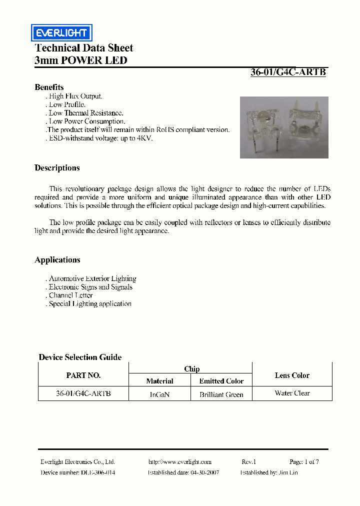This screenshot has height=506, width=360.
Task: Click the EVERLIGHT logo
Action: coord(61,33)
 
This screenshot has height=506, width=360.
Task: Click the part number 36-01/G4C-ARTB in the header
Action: coord(288,72)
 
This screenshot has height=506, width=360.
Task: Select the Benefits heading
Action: coord(49,87)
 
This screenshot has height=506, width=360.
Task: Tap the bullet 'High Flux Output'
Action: coord(75,96)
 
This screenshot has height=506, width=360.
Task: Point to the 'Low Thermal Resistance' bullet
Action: coord(85,113)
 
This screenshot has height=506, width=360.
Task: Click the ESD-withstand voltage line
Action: coord(99,138)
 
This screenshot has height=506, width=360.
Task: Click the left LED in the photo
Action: coord(262,127)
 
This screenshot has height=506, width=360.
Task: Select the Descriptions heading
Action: coord(57,168)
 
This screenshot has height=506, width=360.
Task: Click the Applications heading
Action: coord(57,260)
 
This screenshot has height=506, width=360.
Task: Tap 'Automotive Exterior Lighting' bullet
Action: coord(92,278)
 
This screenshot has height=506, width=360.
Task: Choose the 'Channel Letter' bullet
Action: coord(70,295)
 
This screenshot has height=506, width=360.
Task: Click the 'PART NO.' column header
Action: coord(83,375)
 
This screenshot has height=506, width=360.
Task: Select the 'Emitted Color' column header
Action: coord(221,381)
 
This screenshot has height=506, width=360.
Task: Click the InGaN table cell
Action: coord(159,394)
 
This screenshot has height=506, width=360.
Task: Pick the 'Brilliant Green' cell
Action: coord(221,394)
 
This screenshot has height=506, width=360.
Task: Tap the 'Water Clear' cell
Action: coord(292,393)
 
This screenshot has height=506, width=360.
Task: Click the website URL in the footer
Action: coord(180,462)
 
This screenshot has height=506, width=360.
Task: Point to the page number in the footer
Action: coord(303,462)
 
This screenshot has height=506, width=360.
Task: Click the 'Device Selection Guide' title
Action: coord(80,357)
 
